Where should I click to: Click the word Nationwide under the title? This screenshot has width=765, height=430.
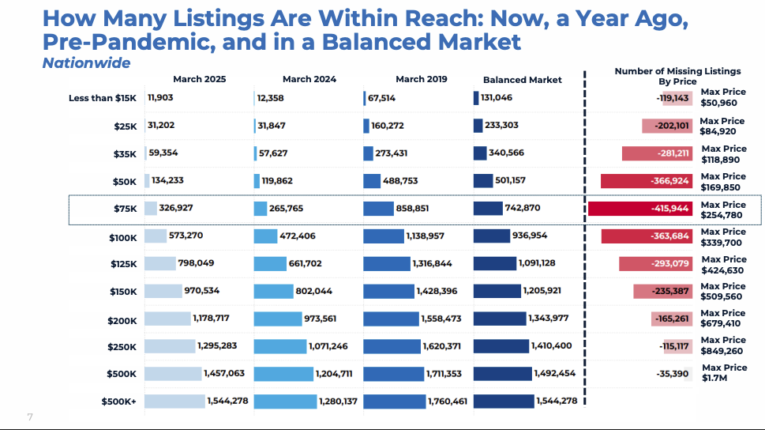tap(86, 62)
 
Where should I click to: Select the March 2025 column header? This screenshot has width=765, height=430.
tap(200, 79)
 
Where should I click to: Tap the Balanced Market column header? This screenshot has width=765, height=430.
tap(523, 80)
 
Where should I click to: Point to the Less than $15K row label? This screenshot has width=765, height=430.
tap(103, 98)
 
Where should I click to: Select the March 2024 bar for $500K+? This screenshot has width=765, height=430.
tap(285, 402)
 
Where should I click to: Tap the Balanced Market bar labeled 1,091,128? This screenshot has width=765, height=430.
tap(494, 263)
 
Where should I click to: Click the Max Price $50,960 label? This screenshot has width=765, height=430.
tap(723, 97)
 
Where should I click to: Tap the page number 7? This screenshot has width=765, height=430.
tap(30, 417)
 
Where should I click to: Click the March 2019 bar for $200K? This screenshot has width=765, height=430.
tap(391, 319)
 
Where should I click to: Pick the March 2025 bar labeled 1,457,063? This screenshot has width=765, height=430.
tap(173, 373)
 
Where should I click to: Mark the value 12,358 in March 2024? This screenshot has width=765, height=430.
tap(270, 98)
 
